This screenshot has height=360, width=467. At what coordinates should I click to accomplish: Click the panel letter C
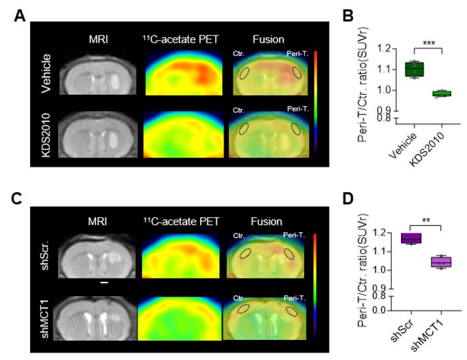click(20, 199)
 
